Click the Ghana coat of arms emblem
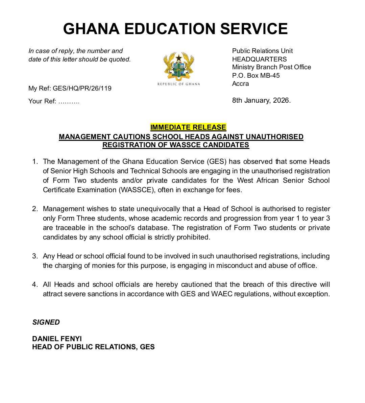pos(178,66)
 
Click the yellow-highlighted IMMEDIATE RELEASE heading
pos(188,127)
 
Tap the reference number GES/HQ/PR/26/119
pos(82,89)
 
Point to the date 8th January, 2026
pos(261,100)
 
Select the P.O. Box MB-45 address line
pos(256,75)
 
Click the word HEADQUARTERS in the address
pos(259,59)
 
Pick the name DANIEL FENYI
pos(57,338)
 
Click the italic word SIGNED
pos(46,322)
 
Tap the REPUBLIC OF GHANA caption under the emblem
pos(178,84)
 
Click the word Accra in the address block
pos(240,84)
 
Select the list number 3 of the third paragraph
pos(35,256)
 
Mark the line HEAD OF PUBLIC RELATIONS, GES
pos(93,347)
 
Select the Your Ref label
pos(42,101)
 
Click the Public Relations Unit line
pos(262,51)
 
